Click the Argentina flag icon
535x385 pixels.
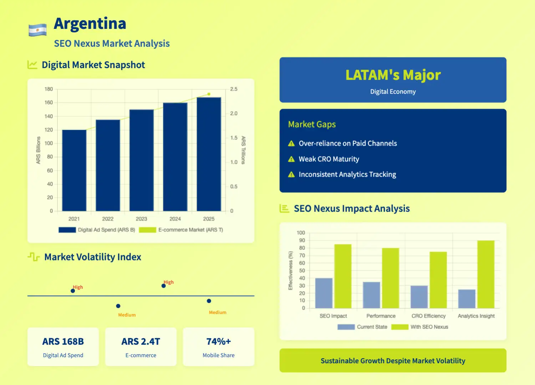pos(37,30)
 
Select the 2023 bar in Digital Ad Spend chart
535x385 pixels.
pos(141,160)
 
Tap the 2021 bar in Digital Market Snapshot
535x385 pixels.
pos(74,170)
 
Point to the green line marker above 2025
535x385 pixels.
pos(209,94)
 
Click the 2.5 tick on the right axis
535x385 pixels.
pos(234,89)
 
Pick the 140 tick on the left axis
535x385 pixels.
pos(49,116)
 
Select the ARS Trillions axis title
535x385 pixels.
pos(243,150)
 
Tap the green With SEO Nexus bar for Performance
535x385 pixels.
pos(390,278)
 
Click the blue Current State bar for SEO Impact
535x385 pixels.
pos(324,293)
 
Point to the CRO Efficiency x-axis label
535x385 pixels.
pos(428,316)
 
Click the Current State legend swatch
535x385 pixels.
pos(346,327)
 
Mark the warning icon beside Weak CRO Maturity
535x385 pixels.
pos(291,159)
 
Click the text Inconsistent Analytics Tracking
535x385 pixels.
pos(347,174)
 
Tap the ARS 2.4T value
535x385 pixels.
pos(141,341)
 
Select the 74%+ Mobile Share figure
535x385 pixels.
pos(218,341)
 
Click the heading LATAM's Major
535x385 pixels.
pos(393,75)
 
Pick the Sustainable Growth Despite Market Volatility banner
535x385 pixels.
pos(393,361)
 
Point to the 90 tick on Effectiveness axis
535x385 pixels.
pos(302,240)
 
